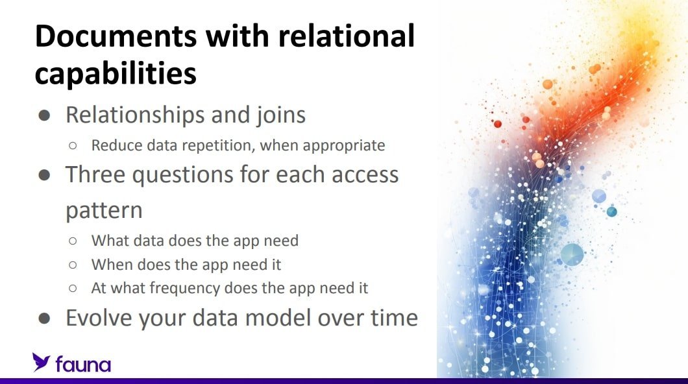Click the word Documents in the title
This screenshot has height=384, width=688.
click(x=116, y=36)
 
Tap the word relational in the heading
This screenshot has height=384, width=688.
click(x=347, y=36)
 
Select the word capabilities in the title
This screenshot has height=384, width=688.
click(x=116, y=74)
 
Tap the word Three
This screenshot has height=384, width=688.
click(x=95, y=174)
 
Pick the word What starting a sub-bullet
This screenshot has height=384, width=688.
click(x=110, y=241)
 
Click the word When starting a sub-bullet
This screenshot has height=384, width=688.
click(x=112, y=265)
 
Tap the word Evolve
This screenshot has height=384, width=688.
click(x=99, y=318)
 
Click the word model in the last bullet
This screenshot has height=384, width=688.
click(x=278, y=318)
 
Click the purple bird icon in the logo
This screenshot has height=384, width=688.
click(x=41, y=362)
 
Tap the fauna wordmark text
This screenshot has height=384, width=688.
click(x=83, y=365)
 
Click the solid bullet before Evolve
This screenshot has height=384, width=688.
click(x=44, y=318)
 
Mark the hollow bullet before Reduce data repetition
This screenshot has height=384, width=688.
click(x=73, y=146)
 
